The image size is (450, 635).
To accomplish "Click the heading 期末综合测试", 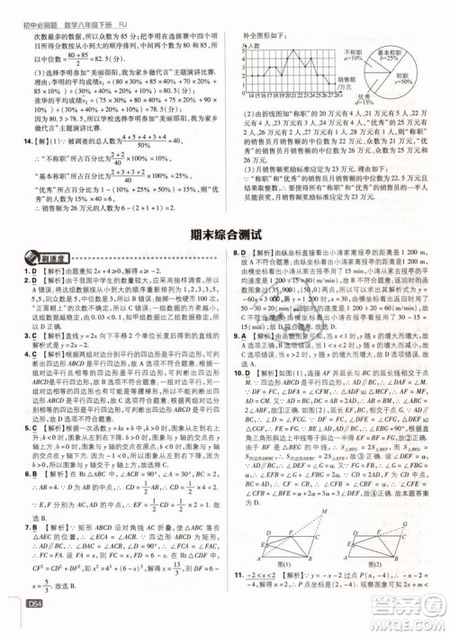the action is coord(224,233).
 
